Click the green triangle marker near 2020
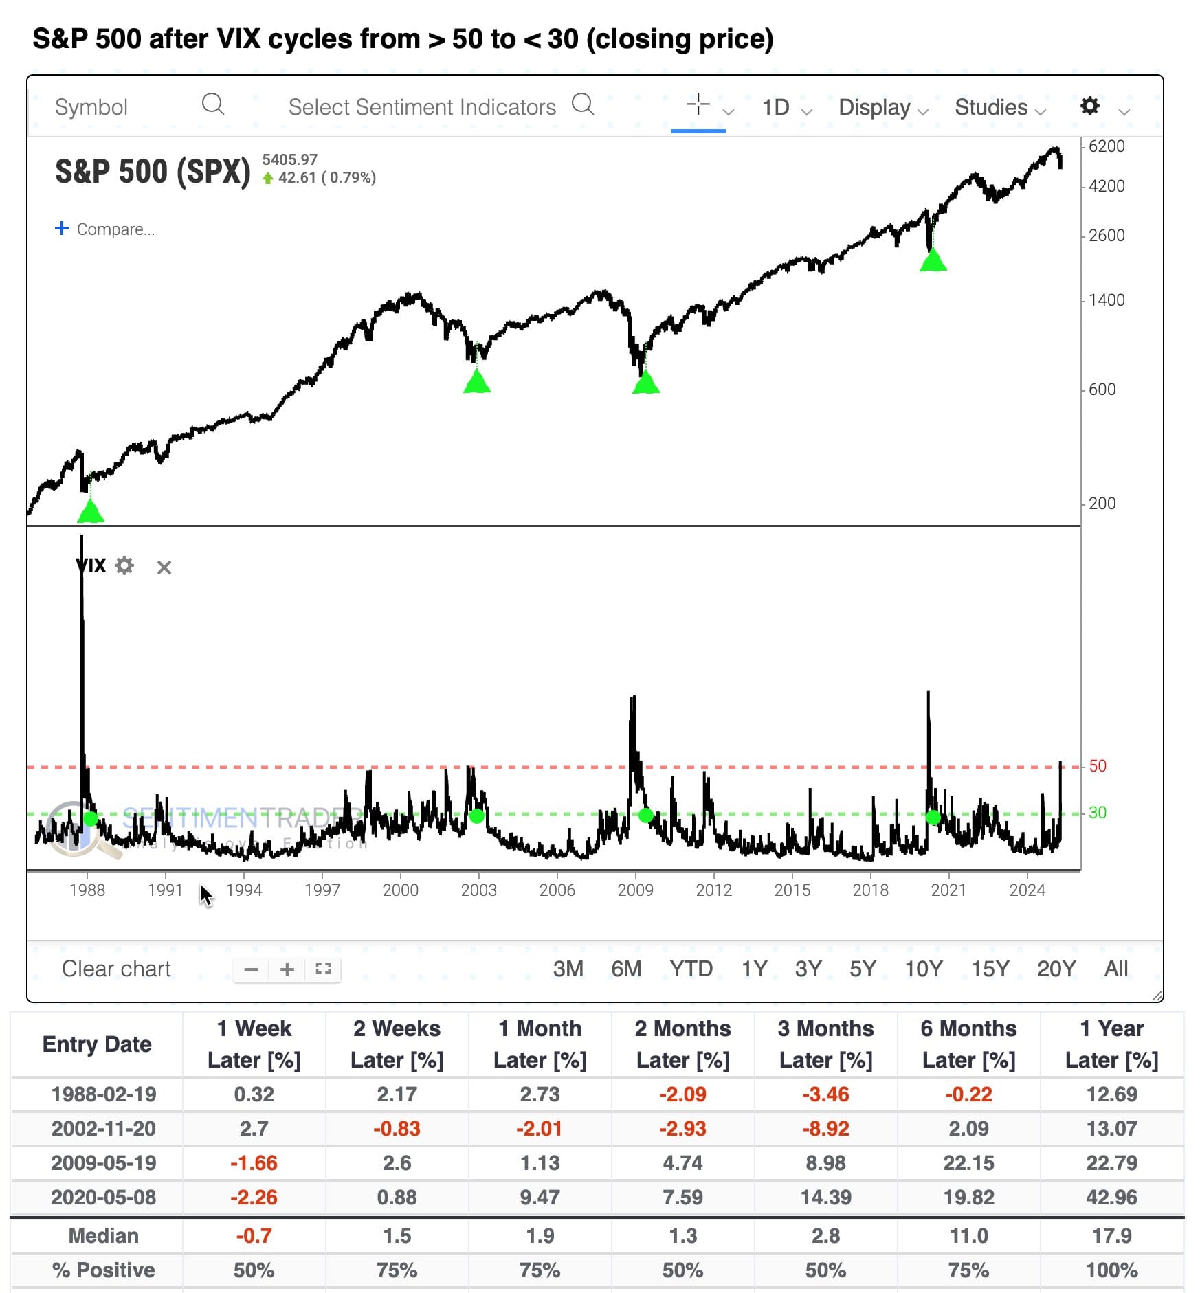point(933,260)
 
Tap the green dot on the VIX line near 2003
point(477,816)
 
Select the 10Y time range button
point(923,969)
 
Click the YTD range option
point(691,969)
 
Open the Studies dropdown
point(999,107)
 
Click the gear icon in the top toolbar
point(1089,106)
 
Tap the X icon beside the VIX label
point(164,567)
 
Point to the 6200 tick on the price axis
point(1107,146)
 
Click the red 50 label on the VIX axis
point(1098,766)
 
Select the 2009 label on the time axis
point(635,890)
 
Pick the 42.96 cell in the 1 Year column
point(1111,1197)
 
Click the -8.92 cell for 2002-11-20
point(825,1128)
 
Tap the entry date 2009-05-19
point(104,1162)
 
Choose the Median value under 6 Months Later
point(968,1235)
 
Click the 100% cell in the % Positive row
point(1111,1270)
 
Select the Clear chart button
point(116,969)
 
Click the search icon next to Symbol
point(213,105)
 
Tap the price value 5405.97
point(290,159)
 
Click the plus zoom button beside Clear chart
point(287,969)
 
